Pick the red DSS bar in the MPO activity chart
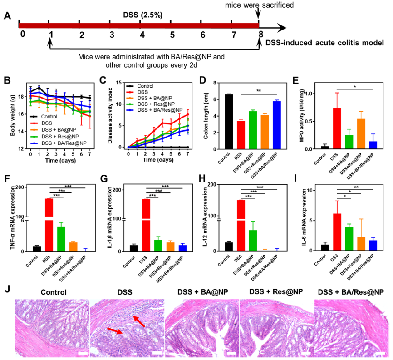pyautogui.click(x=337, y=128)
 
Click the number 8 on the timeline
pyautogui.click(x=260, y=35)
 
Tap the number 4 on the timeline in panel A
pyautogui.click(x=142, y=35)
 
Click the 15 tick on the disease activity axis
pyautogui.click(x=120, y=82)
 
